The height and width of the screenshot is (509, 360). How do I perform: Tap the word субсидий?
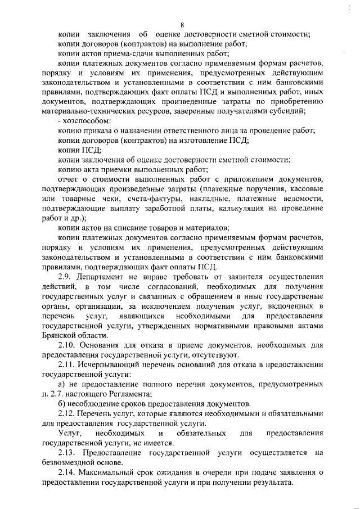(304, 111)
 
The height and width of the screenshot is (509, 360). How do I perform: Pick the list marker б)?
(62, 403)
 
